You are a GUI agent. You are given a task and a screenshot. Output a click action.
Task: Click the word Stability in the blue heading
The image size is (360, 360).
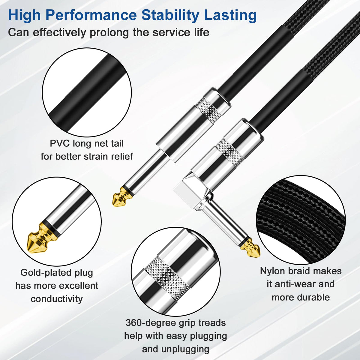(x=170, y=15)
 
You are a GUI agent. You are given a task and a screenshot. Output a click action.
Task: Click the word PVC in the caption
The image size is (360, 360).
(x=60, y=143)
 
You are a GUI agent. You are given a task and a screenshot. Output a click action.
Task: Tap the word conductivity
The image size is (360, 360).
(x=57, y=299)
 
